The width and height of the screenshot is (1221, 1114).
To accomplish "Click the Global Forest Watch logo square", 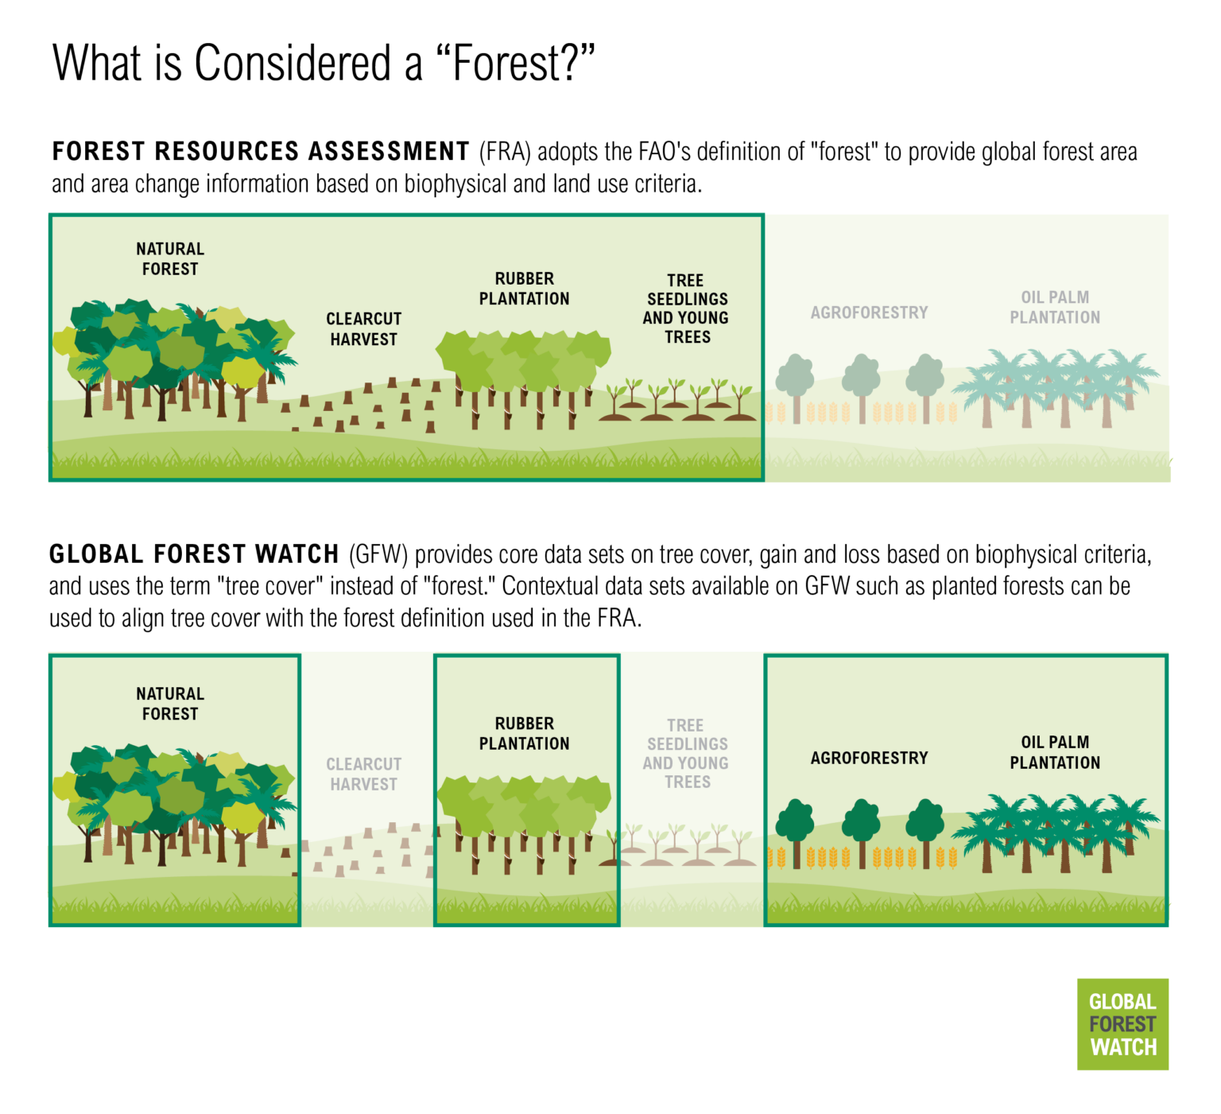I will [x=1122, y=1023].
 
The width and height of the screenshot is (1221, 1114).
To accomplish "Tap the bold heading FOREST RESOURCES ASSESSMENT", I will [x=261, y=151].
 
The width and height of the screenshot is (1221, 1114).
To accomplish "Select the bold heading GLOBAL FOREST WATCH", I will [x=194, y=553].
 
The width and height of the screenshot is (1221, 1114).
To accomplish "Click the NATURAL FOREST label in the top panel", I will [x=170, y=259].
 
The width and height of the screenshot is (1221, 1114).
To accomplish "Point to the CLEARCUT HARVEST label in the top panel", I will [x=363, y=328].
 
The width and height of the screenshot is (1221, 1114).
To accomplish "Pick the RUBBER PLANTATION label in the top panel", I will [x=524, y=289].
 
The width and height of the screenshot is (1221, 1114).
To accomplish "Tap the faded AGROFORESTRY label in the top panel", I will [x=869, y=312].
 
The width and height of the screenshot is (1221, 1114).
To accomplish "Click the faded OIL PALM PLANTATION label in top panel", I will [x=1055, y=307].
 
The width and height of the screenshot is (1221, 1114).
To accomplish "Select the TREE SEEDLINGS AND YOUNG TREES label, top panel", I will [x=686, y=309].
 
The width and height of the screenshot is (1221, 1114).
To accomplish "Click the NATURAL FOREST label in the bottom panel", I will [x=170, y=704].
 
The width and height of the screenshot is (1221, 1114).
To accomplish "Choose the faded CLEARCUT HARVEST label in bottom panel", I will [x=363, y=774].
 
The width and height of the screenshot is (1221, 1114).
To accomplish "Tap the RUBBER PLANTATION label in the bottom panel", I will [x=524, y=733].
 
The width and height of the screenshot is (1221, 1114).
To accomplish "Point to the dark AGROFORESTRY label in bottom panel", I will [x=869, y=758].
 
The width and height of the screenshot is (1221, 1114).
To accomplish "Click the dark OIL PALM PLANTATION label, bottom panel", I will [x=1055, y=752].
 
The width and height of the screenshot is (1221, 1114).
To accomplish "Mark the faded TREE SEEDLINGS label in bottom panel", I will [x=686, y=753].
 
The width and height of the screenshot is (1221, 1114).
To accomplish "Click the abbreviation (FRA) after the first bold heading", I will [x=504, y=152].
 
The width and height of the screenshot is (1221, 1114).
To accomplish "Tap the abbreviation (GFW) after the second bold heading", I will [x=378, y=554].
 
